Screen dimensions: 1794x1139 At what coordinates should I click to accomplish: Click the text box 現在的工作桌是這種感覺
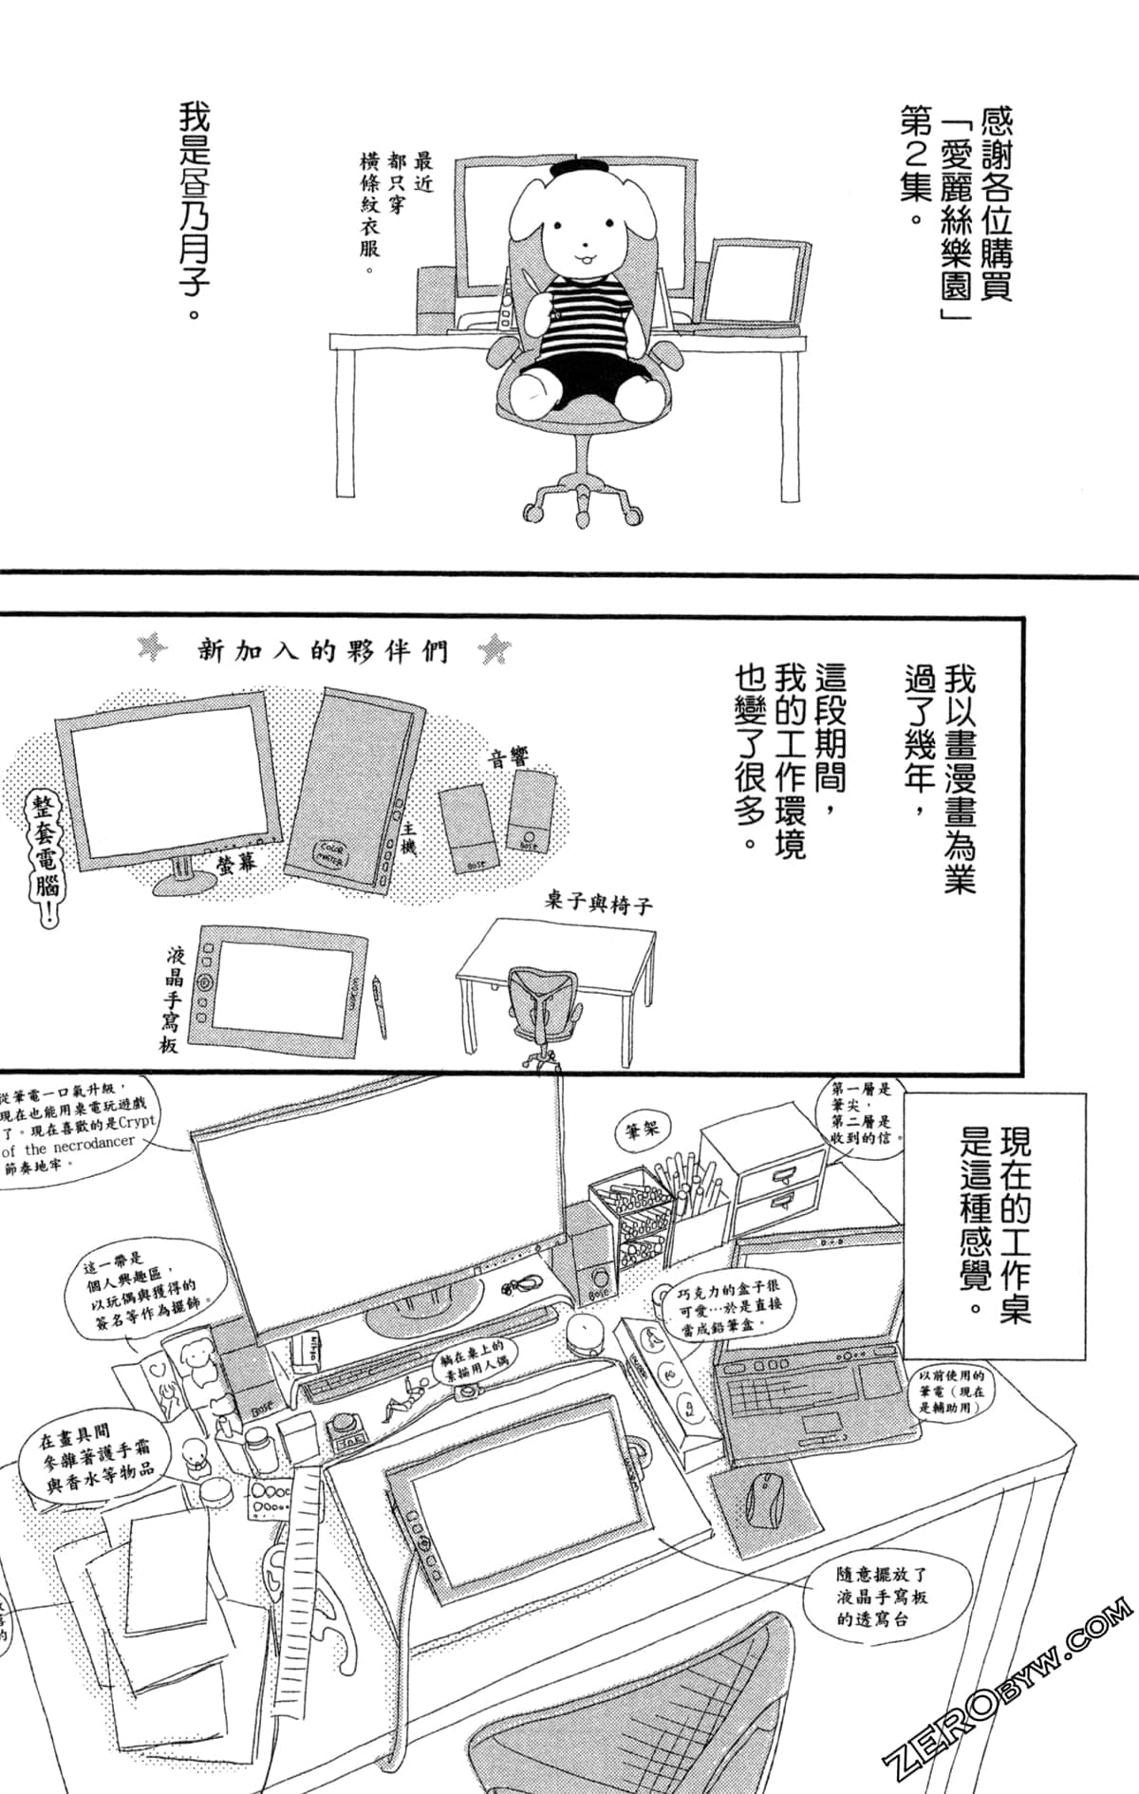(994, 1224)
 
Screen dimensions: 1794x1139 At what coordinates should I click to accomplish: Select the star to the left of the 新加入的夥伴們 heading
(152, 649)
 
